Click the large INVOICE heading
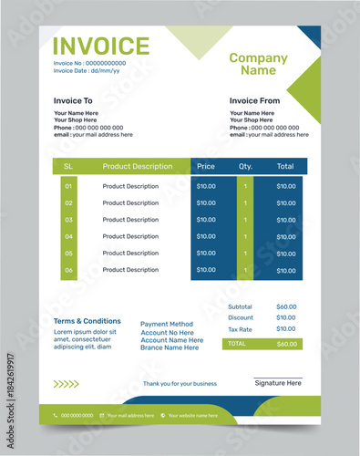point(101,47)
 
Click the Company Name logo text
point(258,64)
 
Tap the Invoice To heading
point(73,100)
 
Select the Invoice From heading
point(254,100)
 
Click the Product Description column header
point(137,167)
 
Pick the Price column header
point(206,167)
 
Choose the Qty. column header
point(245,167)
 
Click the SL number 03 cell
point(68,220)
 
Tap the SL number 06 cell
point(68,270)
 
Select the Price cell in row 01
point(206,186)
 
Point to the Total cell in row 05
point(286,254)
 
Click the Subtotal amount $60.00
point(286,306)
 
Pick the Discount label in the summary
point(241,317)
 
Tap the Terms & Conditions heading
point(87,321)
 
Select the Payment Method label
point(167,324)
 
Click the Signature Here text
point(278,383)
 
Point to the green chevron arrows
point(66,384)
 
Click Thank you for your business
point(180,384)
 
